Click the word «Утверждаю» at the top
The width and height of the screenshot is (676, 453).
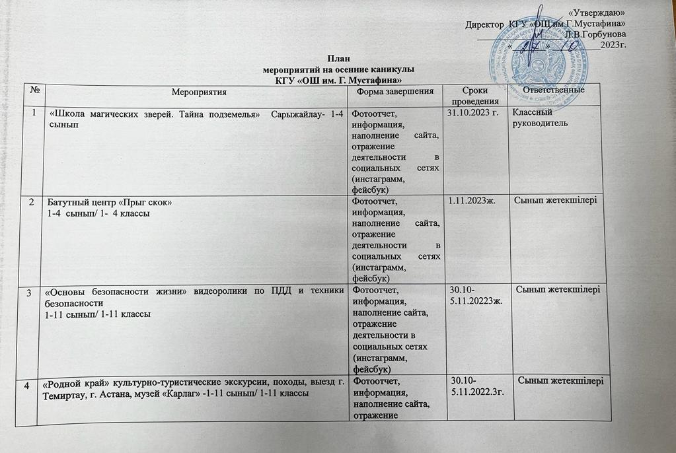pos(599,13)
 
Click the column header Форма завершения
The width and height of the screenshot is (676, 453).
pos(394,90)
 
